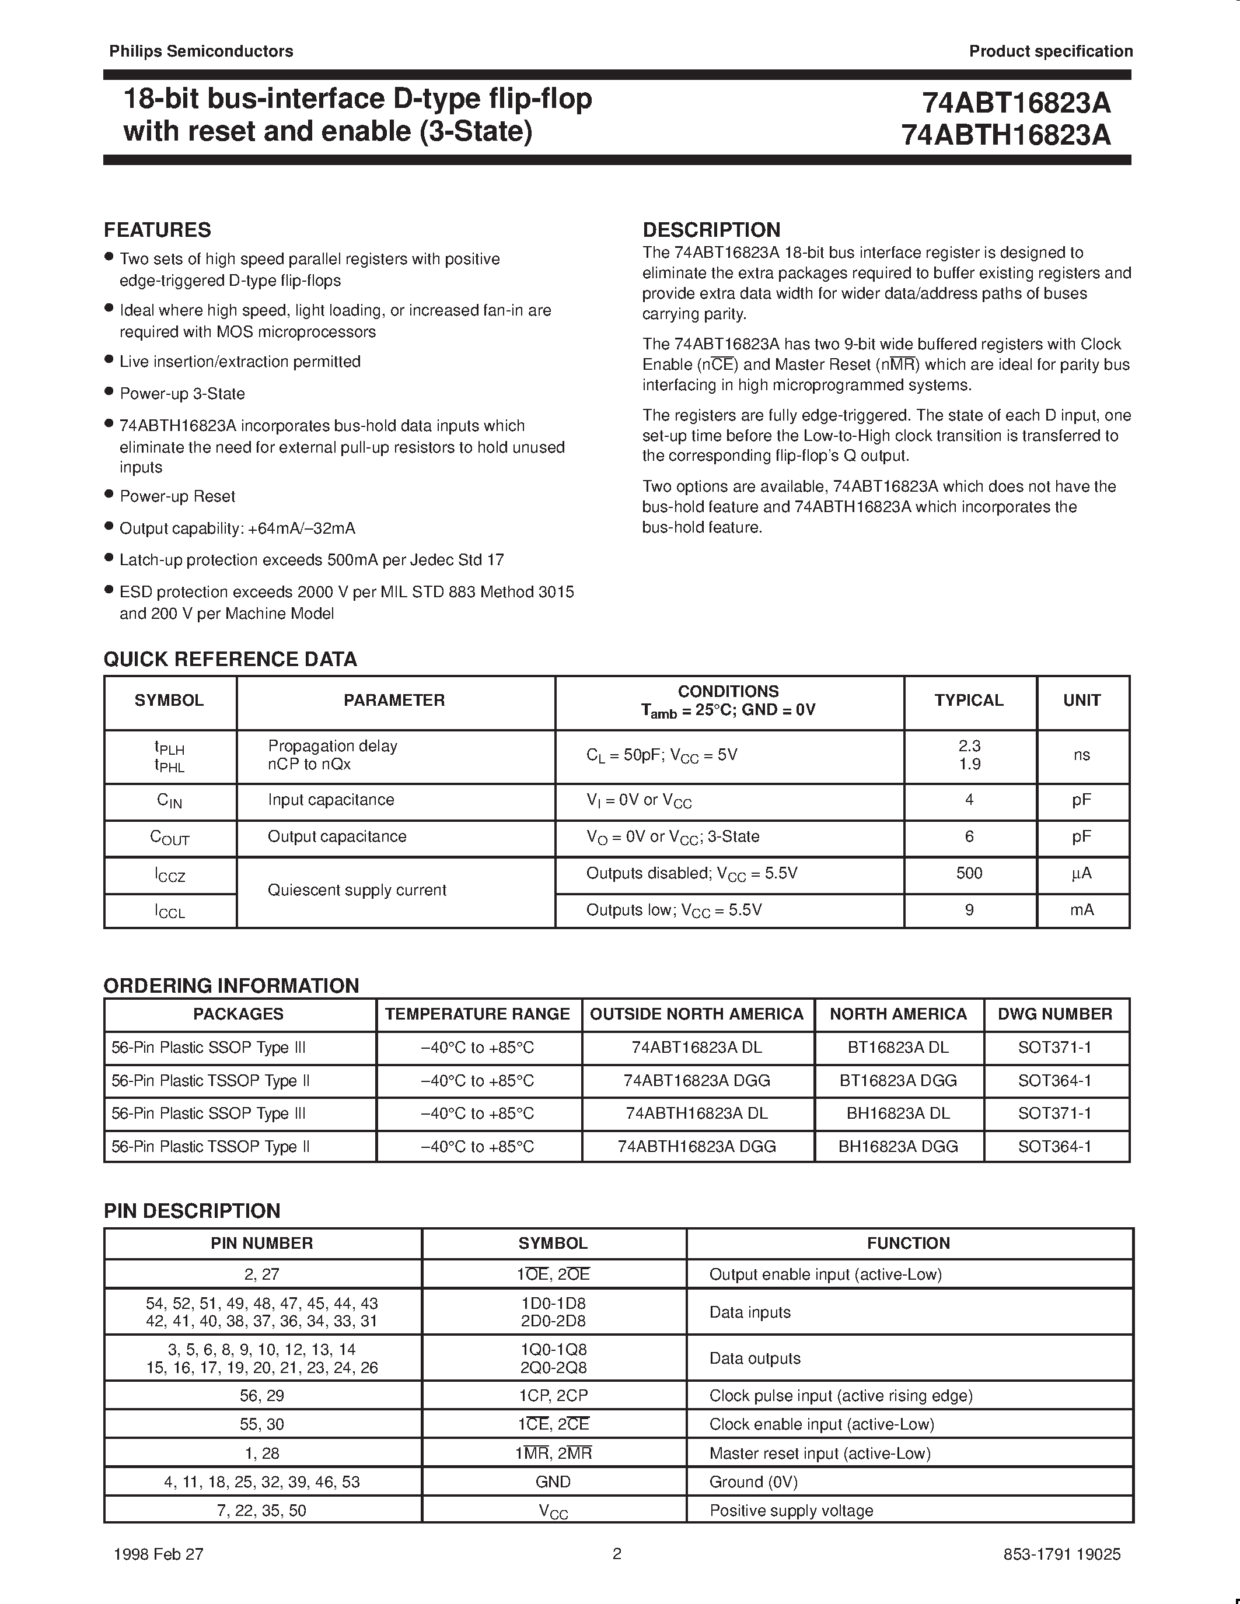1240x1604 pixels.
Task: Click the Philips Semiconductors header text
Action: (201, 51)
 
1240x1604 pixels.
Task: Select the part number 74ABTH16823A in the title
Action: (1005, 135)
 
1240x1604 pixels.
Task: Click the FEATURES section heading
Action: (157, 230)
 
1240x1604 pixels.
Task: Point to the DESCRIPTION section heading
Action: (711, 230)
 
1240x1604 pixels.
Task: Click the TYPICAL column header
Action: (968, 700)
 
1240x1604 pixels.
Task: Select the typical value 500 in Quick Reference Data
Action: (969, 873)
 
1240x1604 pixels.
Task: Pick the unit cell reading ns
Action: (1081, 755)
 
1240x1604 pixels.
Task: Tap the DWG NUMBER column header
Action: (1055, 1014)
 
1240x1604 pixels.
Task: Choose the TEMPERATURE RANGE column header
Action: (477, 1014)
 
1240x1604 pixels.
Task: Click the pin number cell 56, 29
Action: (261, 1395)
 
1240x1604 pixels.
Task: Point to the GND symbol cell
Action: (553, 1482)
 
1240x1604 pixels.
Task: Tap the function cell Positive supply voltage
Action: (791, 1511)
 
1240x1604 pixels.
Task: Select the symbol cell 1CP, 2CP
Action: (553, 1395)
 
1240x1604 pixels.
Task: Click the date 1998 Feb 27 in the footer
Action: (159, 1554)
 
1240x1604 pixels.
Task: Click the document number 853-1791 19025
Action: (1061, 1554)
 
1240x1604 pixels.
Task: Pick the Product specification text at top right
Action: (1050, 51)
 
